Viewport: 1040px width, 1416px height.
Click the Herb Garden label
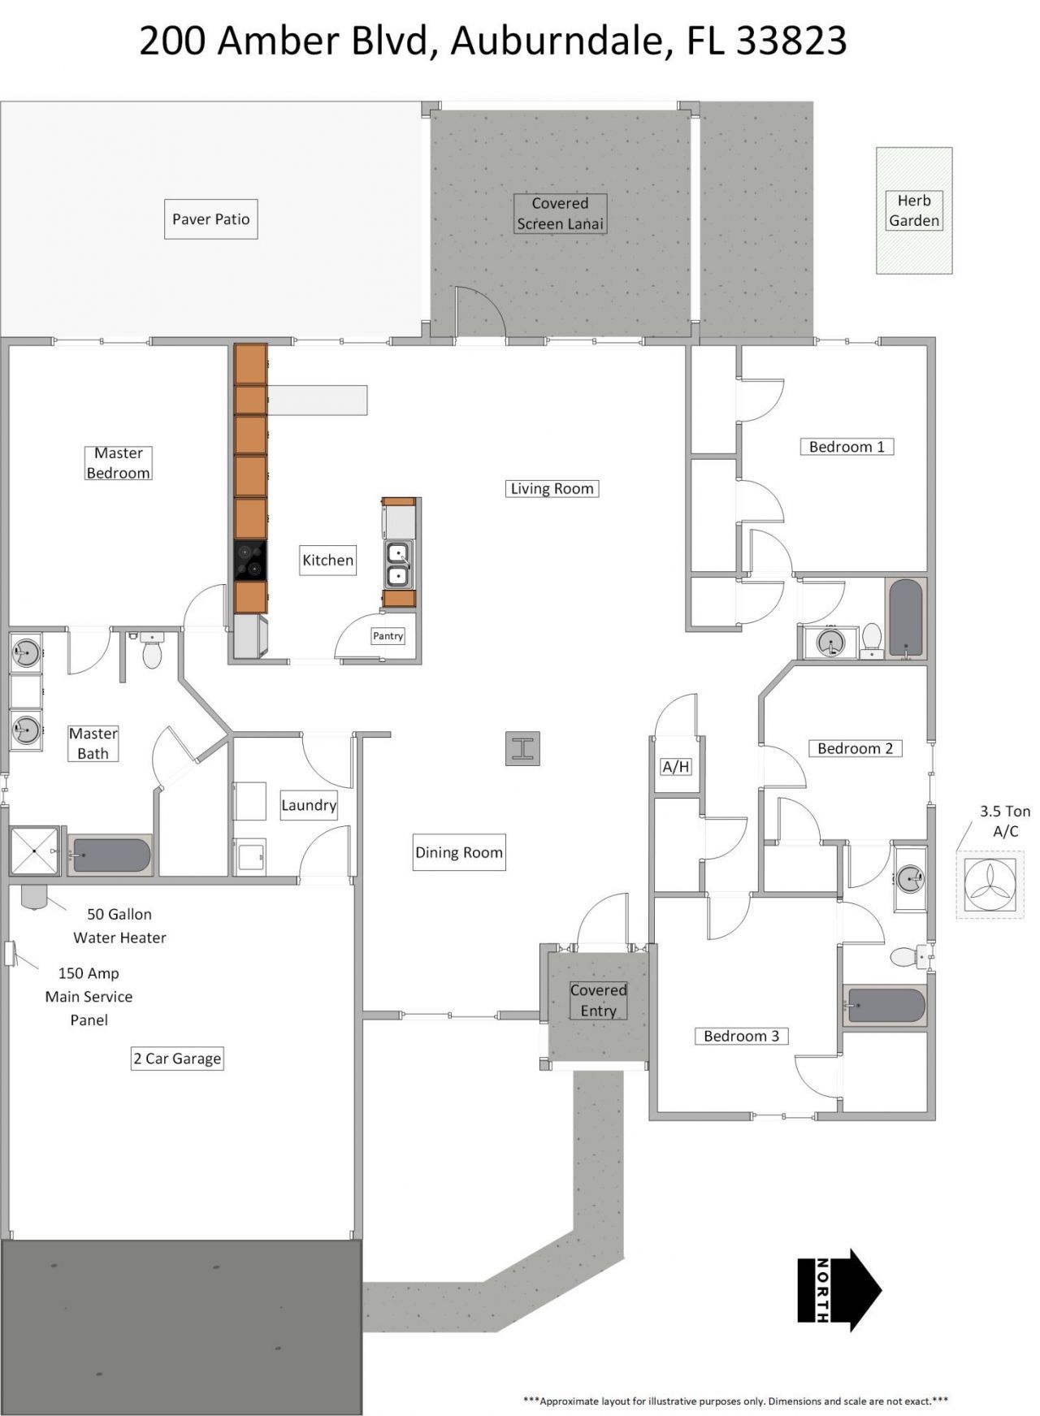(914, 210)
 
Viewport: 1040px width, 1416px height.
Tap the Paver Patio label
(210, 219)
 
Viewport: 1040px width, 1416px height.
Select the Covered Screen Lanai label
(561, 214)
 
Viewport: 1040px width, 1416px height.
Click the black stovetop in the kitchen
(250, 561)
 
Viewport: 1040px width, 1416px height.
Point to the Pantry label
(388, 636)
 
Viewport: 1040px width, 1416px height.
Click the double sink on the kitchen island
(398, 565)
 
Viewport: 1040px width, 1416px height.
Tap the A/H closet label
(676, 766)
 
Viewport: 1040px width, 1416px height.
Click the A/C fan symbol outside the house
(990, 885)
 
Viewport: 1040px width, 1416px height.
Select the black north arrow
(839, 1290)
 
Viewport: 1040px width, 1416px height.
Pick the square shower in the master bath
(34, 851)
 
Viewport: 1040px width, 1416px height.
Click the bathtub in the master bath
(110, 855)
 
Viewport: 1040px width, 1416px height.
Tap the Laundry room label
(309, 805)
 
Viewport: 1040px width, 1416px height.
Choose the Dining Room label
(459, 852)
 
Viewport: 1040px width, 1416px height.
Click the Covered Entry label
(598, 1000)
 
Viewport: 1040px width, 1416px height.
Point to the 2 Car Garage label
(177, 1059)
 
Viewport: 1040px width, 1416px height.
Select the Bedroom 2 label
(855, 748)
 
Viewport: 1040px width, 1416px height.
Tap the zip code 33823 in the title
(791, 41)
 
